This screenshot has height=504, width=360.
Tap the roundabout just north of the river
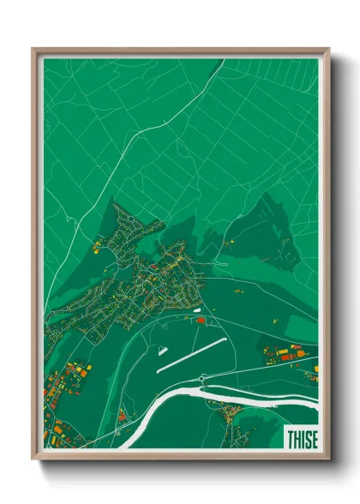coord(201,378)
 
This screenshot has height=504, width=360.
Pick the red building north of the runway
coord(201,320)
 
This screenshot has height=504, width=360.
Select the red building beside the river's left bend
coord(122,417)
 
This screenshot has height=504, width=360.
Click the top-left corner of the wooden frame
coord(33,50)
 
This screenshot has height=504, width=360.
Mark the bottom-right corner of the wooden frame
coord(328,459)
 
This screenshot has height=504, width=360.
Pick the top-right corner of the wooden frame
coord(328,50)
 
